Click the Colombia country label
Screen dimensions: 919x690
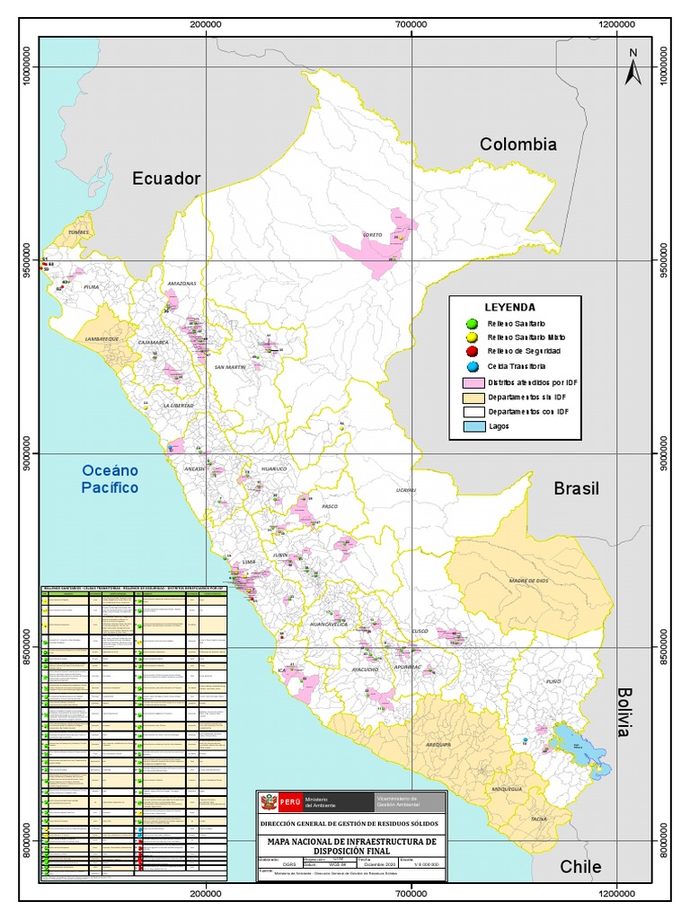(x=518, y=144)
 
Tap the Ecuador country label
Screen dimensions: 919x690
(x=166, y=179)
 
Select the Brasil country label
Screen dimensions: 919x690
(x=576, y=488)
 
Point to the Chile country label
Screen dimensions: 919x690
(x=580, y=867)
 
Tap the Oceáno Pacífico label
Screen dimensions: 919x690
(x=110, y=478)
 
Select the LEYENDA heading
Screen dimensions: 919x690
(x=510, y=306)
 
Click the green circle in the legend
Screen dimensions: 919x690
(x=473, y=323)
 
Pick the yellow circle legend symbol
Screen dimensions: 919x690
(x=473, y=337)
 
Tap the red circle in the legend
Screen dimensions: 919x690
(x=473, y=352)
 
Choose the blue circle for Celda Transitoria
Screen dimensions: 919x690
(x=473, y=366)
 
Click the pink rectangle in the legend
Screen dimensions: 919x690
(x=472, y=381)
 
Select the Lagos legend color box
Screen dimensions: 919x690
(x=472, y=426)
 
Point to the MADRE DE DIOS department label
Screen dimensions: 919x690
(x=528, y=581)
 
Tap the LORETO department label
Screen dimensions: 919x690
(x=372, y=235)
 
